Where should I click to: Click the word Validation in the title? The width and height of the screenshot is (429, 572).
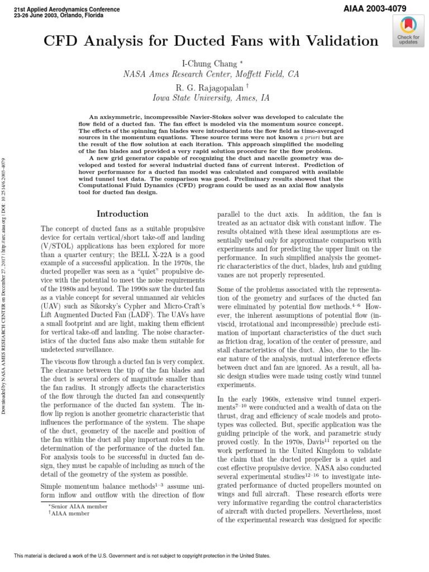click(341, 41)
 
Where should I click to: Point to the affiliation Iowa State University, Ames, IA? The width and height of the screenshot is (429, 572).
click(211, 98)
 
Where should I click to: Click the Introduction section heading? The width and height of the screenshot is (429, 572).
click(122, 214)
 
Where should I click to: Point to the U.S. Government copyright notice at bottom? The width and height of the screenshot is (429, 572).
click(142, 556)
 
